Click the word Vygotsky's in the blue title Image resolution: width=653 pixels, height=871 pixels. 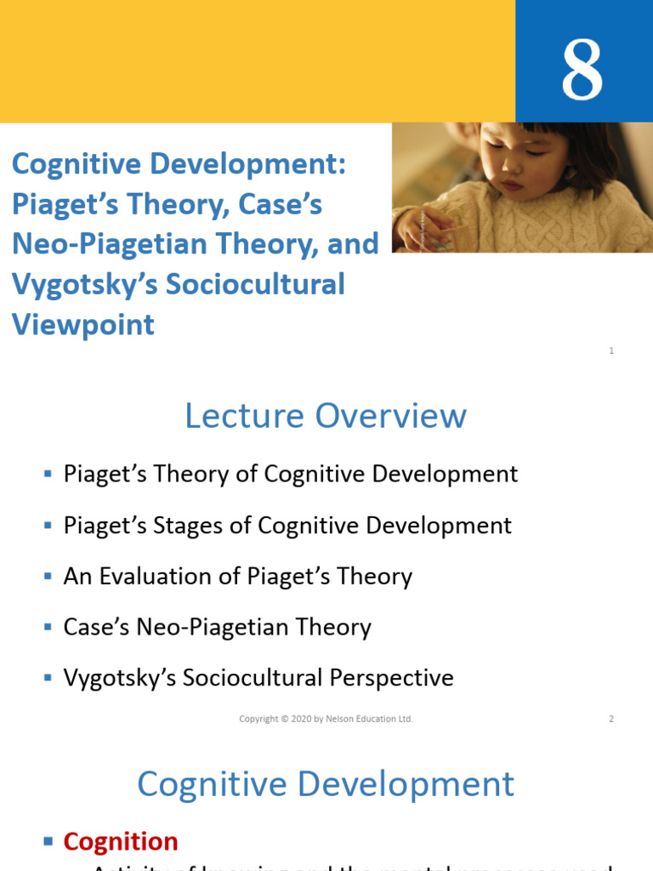pos(83,284)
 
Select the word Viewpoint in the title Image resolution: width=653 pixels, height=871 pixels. pos(83,324)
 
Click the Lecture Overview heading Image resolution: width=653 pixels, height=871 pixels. pos(326,416)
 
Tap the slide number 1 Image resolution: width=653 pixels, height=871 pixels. pos(611,350)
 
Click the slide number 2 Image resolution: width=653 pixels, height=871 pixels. pos(611,719)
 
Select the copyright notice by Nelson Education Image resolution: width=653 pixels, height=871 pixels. pos(326,719)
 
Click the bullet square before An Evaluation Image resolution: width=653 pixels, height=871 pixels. pos(48,576)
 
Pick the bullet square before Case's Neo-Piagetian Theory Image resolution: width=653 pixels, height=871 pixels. pos(48,627)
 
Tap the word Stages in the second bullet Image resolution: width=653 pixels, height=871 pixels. pos(174,525)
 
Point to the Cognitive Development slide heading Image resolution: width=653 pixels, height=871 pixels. pos(326,783)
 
